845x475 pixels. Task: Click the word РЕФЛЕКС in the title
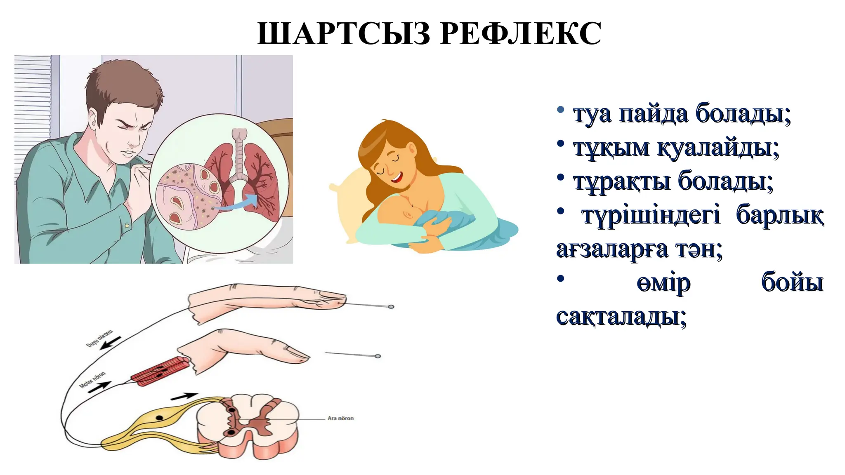pyautogui.click(x=520, y=33)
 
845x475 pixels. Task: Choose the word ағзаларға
pyautogui.click(x=612, y=249)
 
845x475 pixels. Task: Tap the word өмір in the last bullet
pyautogui.click(x=663, y=283)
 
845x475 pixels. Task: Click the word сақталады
pyautogui.click(x=621, y=317)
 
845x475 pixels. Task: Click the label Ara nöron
pyautogui.click(x=340, y=418)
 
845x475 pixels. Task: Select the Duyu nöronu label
pyautogui.click(x=99, y=338)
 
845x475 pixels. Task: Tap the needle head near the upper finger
pyautogui.click(x=391, y=307)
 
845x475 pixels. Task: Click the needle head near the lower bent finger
pyautogui.click(x=378, y=356)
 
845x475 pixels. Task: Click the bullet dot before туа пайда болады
pyautogui.click(x=560, y=110)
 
